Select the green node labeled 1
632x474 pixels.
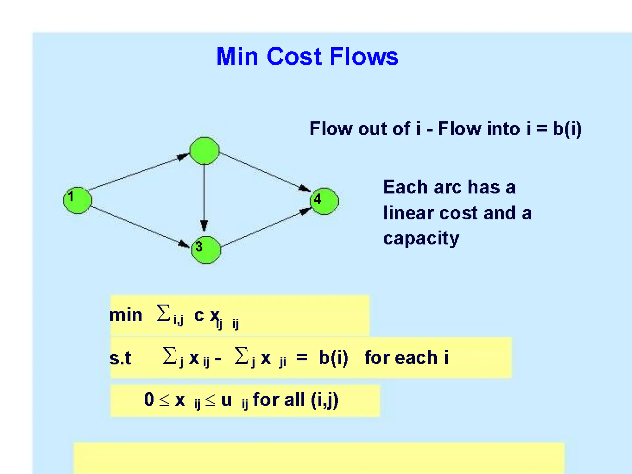[x=77, y=200]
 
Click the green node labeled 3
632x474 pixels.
[x=206, y=250]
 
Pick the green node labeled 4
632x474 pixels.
[x=324, y=201]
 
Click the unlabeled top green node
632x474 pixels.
[x=204, y=151]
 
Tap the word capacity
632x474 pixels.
[x=421, y=239]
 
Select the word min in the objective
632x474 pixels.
[x=126, y=315]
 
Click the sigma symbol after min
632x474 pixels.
[x=163, y=313]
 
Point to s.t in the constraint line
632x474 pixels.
[x=120, y=358]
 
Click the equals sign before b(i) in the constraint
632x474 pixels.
[x=301, y=357]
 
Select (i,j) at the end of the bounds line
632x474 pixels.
[x=324, y=400]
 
